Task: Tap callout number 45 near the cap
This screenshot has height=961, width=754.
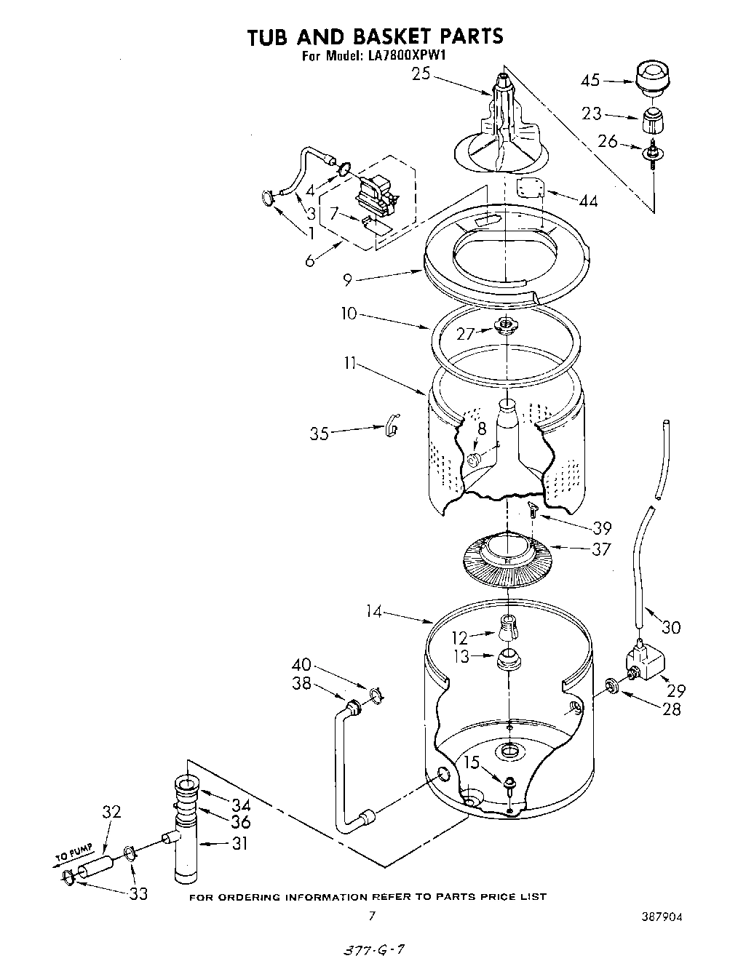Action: pos(590,79)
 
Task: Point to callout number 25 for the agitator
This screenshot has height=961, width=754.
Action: pos(421,73)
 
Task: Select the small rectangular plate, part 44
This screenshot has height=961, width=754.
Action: pos(531,188)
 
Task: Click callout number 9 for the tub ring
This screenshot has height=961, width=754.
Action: pos(348,278)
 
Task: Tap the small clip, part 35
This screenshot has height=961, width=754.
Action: pos(391,428)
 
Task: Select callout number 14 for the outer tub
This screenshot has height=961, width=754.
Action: pos(374,612)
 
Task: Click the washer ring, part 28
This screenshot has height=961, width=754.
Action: pos(613,685)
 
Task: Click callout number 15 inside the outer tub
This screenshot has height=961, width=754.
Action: pos(472,762)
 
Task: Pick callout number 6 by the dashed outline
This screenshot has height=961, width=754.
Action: pos(310,260)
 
